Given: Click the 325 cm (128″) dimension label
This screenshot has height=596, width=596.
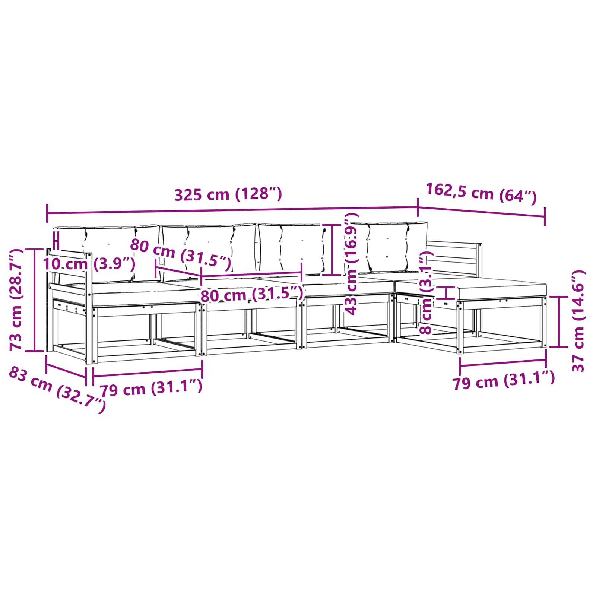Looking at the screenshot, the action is (228, 194).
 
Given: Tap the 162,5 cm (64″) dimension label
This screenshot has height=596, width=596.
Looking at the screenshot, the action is (481, 193).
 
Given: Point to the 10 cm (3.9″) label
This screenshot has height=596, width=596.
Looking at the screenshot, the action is (89, 264).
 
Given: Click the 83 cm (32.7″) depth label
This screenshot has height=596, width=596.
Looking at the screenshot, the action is (57, 389).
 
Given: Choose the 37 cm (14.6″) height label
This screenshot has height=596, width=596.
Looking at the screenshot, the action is (578, 321).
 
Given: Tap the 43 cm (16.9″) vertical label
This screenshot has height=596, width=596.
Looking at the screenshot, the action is (351, 264).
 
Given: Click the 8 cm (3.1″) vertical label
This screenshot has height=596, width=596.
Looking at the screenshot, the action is (426, 292).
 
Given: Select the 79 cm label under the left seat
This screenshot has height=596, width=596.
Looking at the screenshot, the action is (151, 388).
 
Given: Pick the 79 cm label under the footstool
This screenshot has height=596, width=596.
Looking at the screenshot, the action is (504, 380).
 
